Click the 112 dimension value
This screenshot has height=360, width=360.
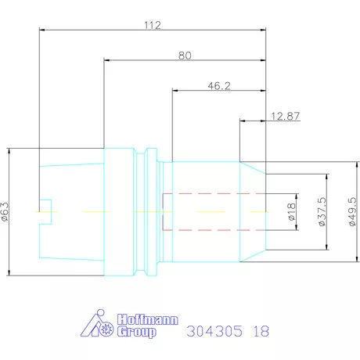[152, 26]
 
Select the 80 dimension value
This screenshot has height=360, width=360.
[185, 56]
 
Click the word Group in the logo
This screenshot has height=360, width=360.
[135, 332]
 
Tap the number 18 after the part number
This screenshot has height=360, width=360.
[261, 331]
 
